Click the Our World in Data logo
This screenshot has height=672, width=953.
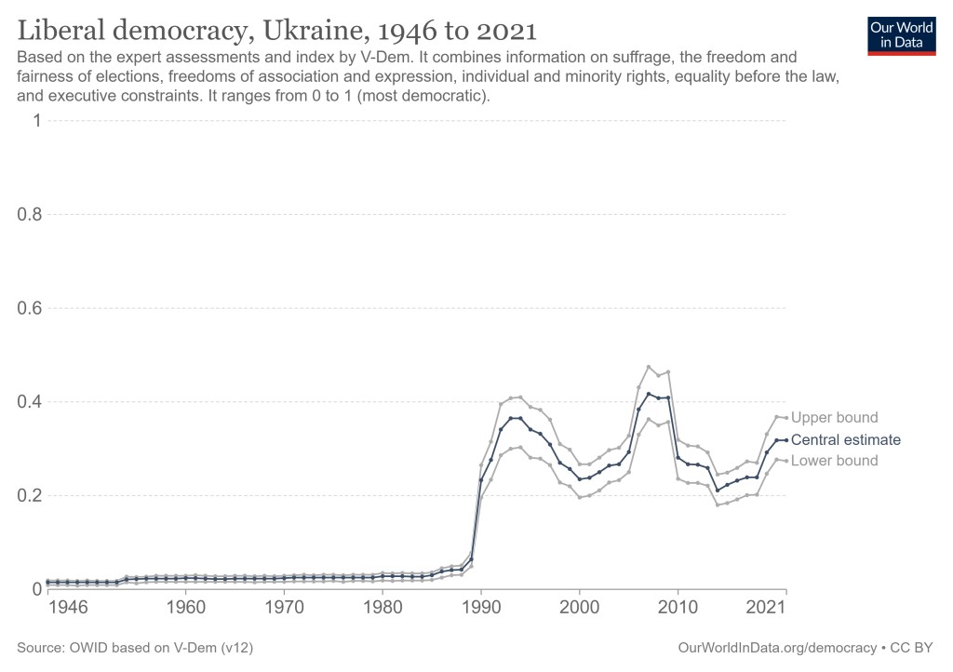click(x=902, y=35)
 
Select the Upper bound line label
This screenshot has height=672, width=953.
click(x=834, y=418)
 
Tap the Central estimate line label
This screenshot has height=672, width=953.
click(x=845, y=440)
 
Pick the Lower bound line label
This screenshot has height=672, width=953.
click(x=834, y=461)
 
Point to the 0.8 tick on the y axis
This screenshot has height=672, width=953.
click(x=30, y=215)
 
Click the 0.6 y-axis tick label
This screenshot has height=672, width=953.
click(x=30, y=308)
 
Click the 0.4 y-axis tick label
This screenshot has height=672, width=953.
click(x=30, y=402)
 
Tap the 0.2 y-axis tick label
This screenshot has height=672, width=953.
click(x=30, y=496)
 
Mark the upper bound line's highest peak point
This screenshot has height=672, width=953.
click(x=649, y=367)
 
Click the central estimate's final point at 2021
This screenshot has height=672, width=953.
click(x=786, y=440)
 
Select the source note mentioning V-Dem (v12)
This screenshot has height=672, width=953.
click(x=136, y=646)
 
